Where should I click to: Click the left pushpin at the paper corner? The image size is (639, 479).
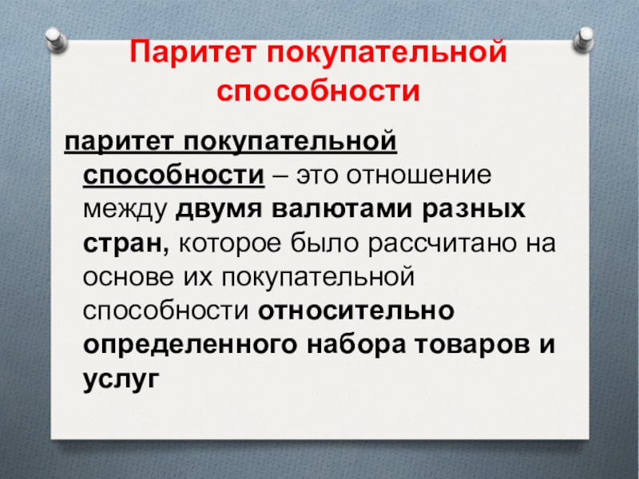tap(57, 39)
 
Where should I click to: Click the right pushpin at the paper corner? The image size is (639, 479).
tap(584, 39)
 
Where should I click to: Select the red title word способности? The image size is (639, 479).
tap(318, 90)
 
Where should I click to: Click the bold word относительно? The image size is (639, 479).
tap(356, 311)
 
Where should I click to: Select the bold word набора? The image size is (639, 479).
tap(356, 346)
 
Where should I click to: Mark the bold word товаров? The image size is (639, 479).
tap(472, 346)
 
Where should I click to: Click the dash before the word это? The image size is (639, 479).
tap(280, 176)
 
